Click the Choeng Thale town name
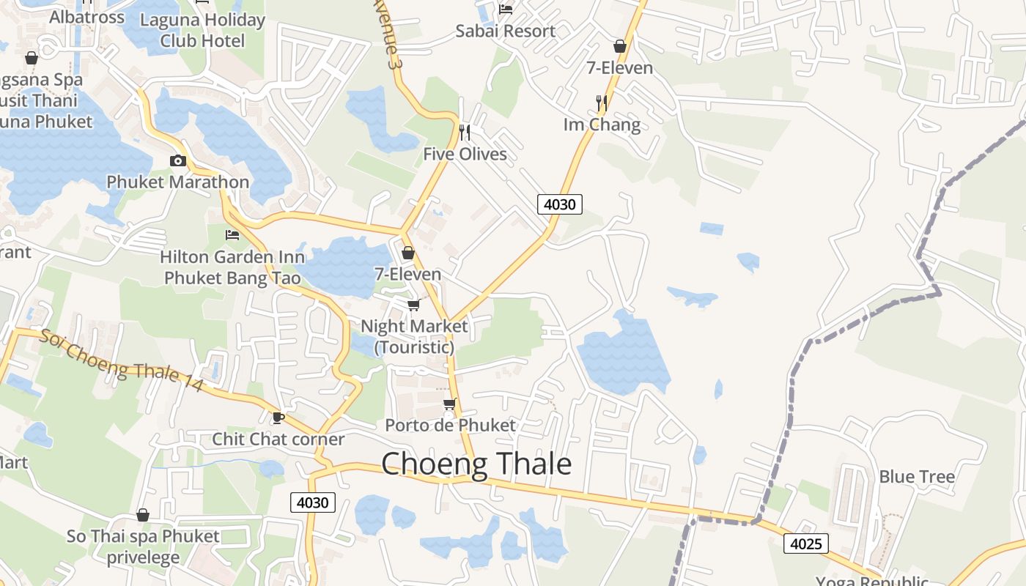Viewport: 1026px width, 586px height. (x=476, y=464)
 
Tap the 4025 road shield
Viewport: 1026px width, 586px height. (x=806, y=544)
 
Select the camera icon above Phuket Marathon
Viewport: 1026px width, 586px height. (x=177, y=161)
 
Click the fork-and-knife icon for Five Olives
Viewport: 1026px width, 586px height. (x=464, y=133)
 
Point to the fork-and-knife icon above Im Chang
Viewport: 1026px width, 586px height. (x=602, y=103)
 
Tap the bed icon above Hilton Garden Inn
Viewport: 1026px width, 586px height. (x=232, y=235)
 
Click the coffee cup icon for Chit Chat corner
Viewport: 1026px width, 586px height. (x=278, y=418)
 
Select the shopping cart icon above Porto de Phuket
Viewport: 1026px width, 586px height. (x=450, y=404)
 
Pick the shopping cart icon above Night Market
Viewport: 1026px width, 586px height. (x=414, y=304)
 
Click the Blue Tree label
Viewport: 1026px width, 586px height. (x=917, y=477)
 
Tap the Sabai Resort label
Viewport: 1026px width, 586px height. (x=506, y=31)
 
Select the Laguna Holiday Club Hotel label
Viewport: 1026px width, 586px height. (x=202, y=30)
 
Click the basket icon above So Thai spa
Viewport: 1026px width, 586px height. (x=143, y=515)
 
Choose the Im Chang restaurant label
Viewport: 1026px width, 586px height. (x=602, y=125)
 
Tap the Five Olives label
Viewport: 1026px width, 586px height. (x=465, y=154)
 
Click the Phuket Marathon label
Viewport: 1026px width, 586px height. (x=178, y=182)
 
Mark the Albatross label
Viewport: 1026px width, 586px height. (x=86, y=17)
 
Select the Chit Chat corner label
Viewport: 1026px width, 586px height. (x=278, y=439)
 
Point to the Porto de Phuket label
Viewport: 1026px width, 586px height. (x=451, y=425)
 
